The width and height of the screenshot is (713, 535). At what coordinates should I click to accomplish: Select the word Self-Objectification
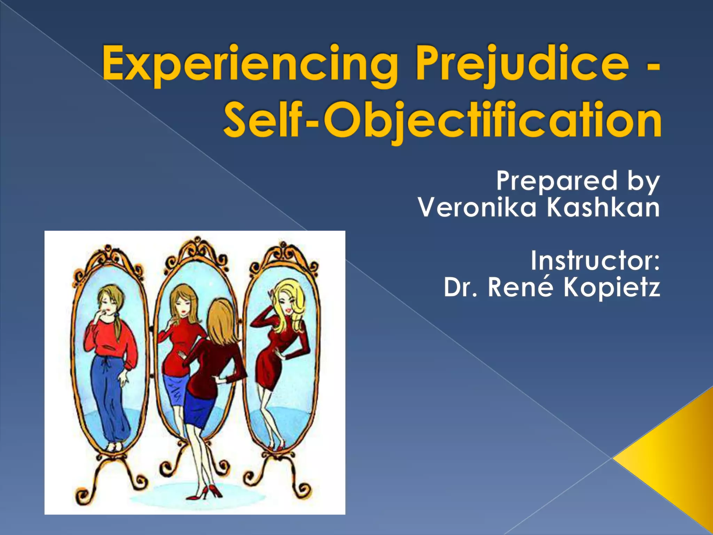[x=442, y=120]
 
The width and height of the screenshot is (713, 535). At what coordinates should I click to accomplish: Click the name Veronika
[x=477, y=208]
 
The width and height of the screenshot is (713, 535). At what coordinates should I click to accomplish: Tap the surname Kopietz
[x=611, y=288]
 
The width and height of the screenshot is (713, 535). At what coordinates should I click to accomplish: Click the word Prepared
[x=557, y=181]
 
